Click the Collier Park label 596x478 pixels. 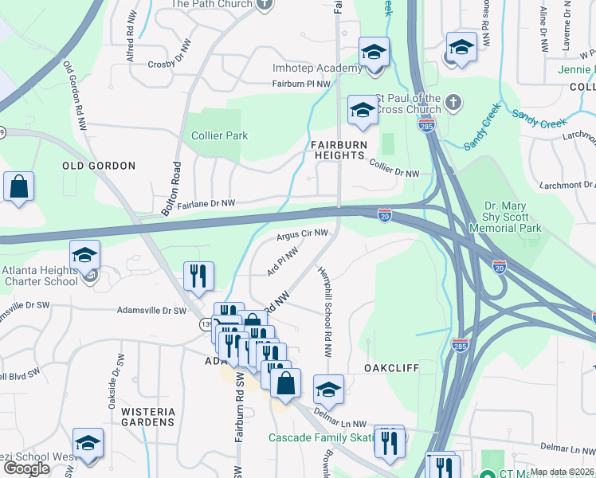[219, 135]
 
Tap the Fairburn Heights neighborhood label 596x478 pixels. [339, 149]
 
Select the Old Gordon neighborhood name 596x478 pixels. [99, 166]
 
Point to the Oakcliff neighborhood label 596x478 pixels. [392, 369]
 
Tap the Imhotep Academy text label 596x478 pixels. [317, 69]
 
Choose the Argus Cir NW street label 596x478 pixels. [302, 233]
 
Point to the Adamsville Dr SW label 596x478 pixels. [151, 311]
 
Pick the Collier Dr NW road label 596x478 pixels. [394, 168]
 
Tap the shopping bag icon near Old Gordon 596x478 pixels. [19, 187]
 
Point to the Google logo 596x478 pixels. [26, 468]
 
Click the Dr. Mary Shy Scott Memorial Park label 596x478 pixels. [513, 216]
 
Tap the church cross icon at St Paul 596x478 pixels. [453, 102]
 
